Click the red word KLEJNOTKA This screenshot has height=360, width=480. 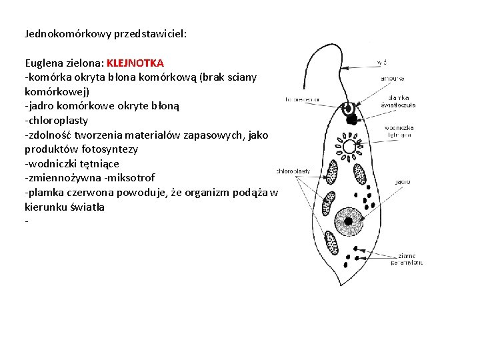[135, 63]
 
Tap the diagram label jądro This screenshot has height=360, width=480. [402, 181]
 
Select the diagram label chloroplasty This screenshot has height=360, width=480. [293, 171]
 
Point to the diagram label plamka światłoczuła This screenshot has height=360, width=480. [398, 101]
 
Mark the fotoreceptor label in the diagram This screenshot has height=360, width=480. [302, 99]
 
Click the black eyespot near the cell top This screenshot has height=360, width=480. [351, 120]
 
